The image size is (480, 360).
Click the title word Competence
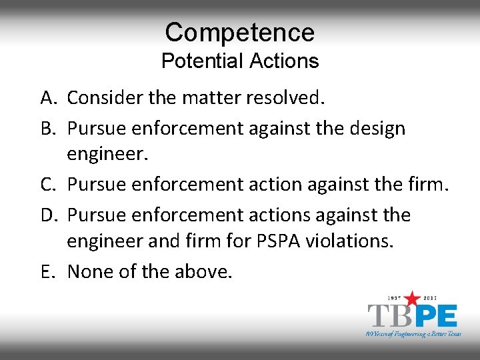click(239, 32)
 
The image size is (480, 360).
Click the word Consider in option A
click(106, 98)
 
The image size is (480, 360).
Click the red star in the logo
click(413, 298)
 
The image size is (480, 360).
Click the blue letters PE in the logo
click(437, 315)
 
